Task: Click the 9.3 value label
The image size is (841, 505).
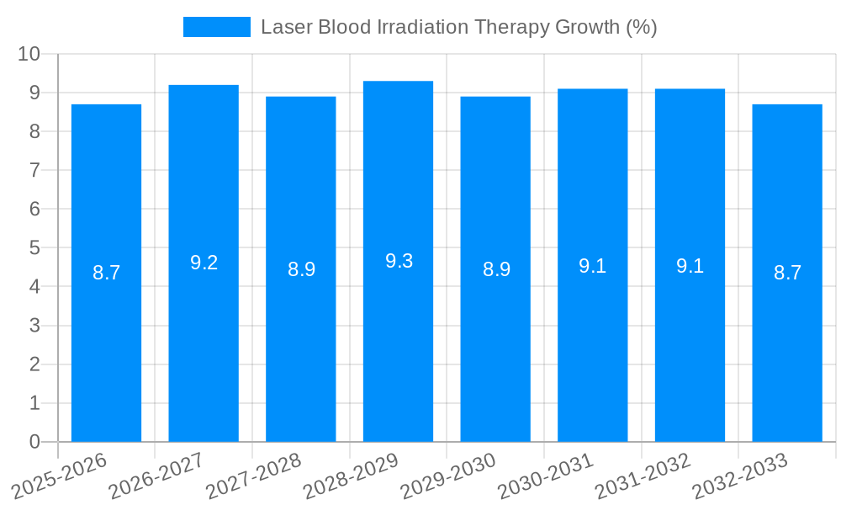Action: click(399, 261)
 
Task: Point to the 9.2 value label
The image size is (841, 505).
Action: click(204, 263)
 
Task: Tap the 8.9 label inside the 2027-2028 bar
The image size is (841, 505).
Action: click(301, 269)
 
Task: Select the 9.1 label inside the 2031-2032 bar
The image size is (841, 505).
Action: click(690, 266)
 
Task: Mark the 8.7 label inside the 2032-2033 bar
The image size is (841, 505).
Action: click(787, 273)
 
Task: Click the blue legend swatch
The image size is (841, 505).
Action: click(217, 27)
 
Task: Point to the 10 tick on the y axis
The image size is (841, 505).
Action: click(29, 54)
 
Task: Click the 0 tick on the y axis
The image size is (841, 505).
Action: click(34, 442)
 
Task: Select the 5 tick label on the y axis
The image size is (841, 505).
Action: click(34, 247)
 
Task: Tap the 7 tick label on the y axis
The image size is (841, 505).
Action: click(34, 170)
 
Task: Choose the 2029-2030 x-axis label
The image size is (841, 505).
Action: click(448, 476)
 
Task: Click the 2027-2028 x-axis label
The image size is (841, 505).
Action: click(254, 476)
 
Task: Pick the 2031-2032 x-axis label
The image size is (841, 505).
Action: click(643, 476)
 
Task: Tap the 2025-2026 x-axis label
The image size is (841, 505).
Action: click(60, 476)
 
